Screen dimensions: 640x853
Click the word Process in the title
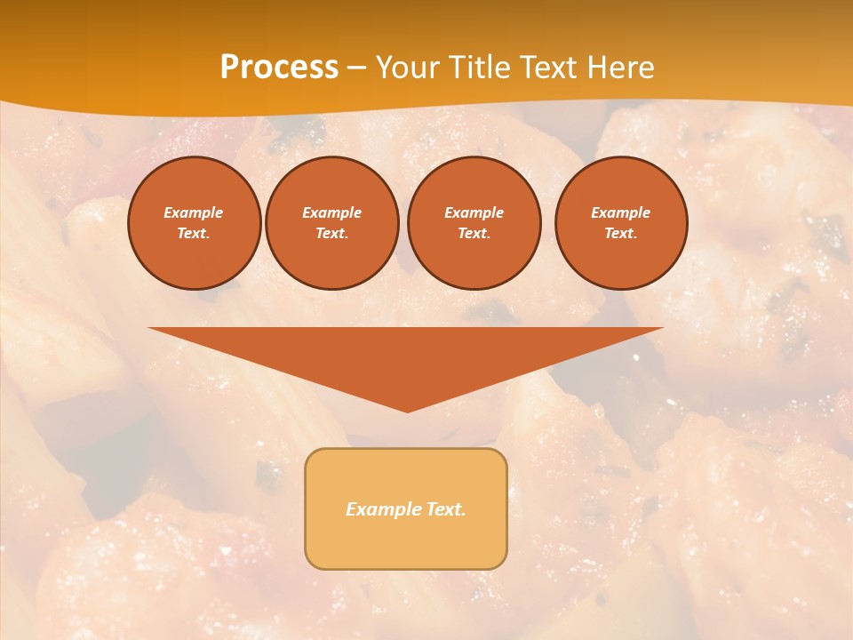point(279,68)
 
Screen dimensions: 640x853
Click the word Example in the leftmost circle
point(194,212)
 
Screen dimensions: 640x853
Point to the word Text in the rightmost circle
point(621,233)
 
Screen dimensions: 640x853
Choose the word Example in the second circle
point(331,212)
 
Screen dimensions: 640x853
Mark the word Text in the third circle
point(474,233)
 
